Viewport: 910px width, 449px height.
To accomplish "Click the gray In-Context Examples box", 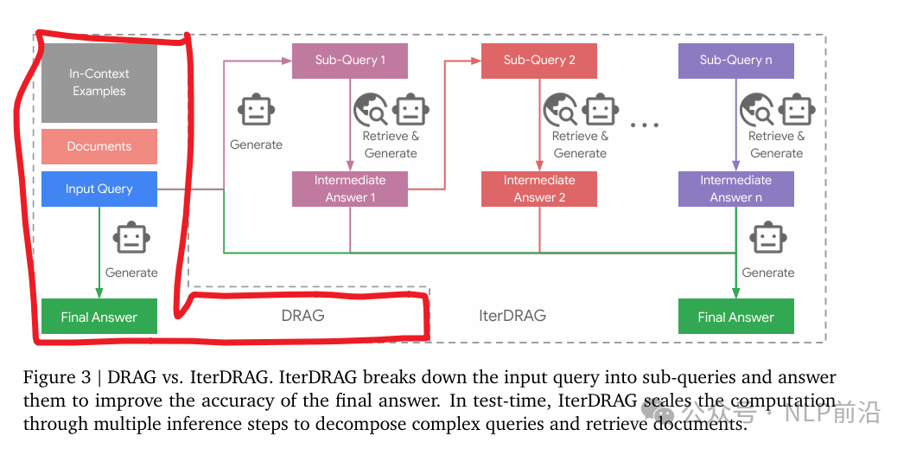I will (x=99, y=83).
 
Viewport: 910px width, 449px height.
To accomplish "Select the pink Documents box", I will (x=99, y=146).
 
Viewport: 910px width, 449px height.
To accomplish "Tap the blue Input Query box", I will (x=99, y=189).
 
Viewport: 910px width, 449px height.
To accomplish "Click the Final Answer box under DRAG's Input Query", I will (x=99, y=317).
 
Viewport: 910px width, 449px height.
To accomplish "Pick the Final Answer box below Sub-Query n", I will (x=735, y=317).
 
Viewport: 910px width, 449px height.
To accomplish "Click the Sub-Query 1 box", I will (x=349, y=61).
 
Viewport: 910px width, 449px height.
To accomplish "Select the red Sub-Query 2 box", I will (x=539, y=61).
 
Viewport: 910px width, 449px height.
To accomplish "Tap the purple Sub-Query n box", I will (x=735, y=61).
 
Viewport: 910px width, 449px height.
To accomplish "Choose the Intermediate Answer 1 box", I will (x=349, y=189).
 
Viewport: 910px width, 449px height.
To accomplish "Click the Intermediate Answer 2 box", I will (x=539, y=189).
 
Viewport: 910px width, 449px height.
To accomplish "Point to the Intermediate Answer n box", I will (x=735, y=189).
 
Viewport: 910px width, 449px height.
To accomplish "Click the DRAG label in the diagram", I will (x=302, y=315).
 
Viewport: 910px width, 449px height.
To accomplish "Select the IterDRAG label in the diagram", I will (x=512, y=315).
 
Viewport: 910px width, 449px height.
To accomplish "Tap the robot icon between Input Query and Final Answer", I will (x=131, y=240).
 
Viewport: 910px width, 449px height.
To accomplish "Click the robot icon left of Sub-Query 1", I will (x=256, y=111).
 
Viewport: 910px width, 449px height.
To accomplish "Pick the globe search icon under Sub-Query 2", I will (x=559, y=111).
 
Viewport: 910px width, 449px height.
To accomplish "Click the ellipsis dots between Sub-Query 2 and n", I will (x=645, y=125).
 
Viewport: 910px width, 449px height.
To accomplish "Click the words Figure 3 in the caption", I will (x=53, y=378).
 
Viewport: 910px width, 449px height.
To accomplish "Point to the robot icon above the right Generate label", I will (x=767, y=238).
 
